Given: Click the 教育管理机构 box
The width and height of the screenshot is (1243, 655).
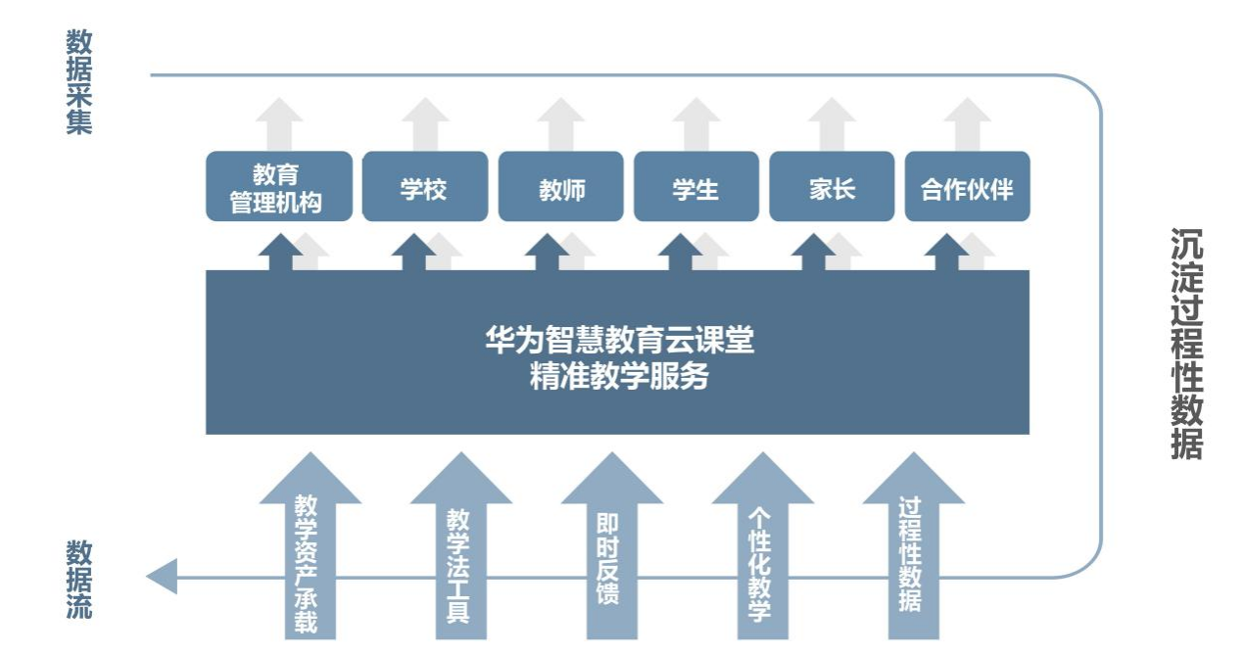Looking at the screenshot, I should pyautogui.click(x=277, y=186).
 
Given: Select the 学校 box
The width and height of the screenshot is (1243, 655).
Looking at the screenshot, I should pyautogui.click(x=424, y=186).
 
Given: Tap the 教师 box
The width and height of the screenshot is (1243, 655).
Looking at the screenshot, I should pyautogui.click(x=560, y=186).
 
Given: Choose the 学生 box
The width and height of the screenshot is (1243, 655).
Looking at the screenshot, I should pyautogui.click(x=695, y=186).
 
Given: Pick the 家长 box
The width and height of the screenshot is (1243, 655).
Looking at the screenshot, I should pyautogui.click(x=832, y=186).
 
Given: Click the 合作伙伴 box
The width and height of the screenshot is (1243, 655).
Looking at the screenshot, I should pyautogui.click(x=967, y=186).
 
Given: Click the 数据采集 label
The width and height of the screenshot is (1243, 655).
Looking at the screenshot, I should pyautogui.click(x=79, y=82).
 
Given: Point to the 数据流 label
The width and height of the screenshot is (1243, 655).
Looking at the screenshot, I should pyautogui.click(x=79, y=580).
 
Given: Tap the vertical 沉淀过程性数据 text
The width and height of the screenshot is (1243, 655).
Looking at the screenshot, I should pyautogui.click(x=1186, y=344).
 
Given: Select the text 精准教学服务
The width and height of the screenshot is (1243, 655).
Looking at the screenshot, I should pyautogui.click(x=619, y=377).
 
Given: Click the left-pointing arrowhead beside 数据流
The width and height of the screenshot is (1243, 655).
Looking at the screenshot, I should pyautogui.click(x=163, y=576).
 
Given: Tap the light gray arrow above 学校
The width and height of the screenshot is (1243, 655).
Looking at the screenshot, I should pyautogui.click(x=424, y=121).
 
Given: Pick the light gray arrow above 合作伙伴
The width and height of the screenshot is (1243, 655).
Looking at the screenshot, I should pyautogui.click(x=967, y=121).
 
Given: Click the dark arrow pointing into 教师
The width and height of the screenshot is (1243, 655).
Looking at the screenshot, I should pyautogui.click(x=546, y=252).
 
